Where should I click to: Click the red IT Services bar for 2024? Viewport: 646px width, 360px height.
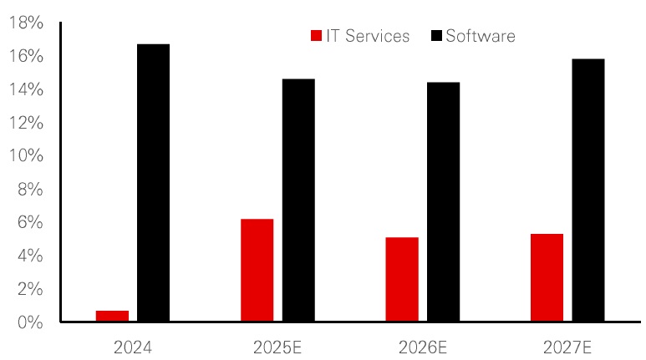112,316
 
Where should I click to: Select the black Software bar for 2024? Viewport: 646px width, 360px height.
153,182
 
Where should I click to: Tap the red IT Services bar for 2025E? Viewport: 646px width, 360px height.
257,270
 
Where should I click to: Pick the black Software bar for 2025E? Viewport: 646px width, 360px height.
298,200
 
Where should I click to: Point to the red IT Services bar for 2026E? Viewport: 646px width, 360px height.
402,279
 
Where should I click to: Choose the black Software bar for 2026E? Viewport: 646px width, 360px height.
443,201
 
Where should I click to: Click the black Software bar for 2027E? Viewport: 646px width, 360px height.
588,190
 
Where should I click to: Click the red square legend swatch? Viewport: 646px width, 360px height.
317,36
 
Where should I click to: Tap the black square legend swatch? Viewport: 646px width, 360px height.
437,36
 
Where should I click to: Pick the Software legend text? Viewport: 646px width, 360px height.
481,36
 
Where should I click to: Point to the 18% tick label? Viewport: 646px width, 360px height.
25,23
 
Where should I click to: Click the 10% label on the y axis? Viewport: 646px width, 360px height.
25,156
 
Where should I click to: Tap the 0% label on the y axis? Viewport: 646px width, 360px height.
29,322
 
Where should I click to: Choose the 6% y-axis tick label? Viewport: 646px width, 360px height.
29,223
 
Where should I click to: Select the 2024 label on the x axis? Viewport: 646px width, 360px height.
133,345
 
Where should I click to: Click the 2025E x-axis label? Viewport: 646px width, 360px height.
277,345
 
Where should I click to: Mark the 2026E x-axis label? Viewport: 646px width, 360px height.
423,345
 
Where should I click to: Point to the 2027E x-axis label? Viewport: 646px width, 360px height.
567,345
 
